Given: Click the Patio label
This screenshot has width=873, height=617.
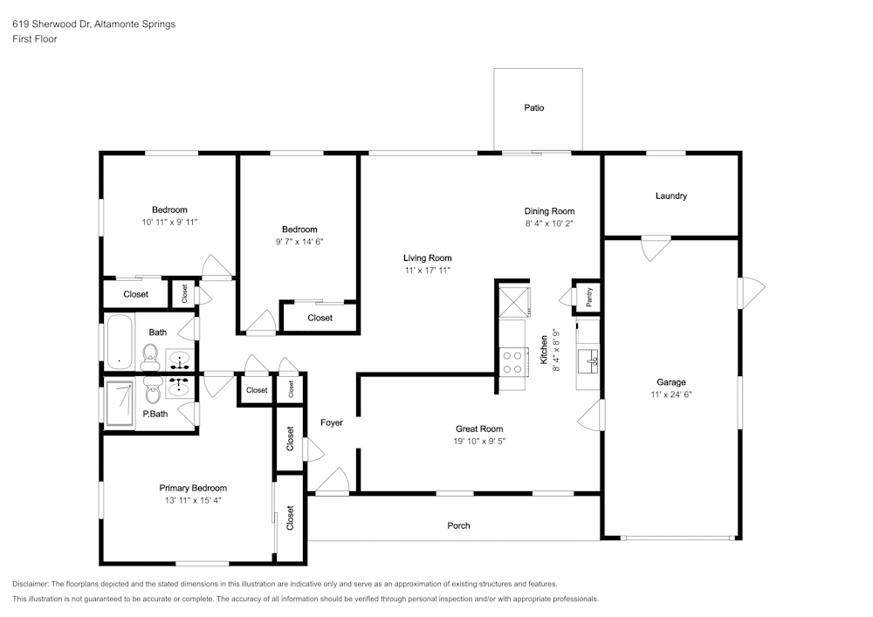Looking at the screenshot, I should (533, 108).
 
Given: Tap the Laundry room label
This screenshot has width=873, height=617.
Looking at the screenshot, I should (670, 196).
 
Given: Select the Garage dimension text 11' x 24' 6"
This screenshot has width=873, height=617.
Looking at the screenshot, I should (671, 394).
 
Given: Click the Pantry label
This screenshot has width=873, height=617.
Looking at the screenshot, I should (589, 298).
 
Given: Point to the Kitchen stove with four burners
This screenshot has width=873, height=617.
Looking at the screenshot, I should (512, 361).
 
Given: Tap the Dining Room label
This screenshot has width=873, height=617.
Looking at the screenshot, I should (549, 211).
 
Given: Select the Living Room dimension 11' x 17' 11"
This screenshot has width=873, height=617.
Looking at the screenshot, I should (427, 271).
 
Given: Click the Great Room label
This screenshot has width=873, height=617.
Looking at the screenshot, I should (479, 428).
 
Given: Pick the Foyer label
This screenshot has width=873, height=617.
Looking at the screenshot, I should (332, 422).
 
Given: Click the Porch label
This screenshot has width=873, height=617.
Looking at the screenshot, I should (458, 525).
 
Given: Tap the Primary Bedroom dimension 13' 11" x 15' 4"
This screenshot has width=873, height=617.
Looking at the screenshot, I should (193, 501).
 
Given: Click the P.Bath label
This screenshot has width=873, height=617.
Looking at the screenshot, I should (155, 414).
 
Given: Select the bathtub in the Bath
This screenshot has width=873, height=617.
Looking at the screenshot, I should (119, 342).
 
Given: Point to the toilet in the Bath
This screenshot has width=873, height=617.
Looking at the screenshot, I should (150, 353).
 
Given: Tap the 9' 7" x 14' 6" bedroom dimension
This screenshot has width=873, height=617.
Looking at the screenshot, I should (292, 242).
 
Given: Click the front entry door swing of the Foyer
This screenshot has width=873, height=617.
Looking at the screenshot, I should (332, 481).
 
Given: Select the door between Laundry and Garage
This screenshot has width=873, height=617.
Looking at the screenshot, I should (653, 249).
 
